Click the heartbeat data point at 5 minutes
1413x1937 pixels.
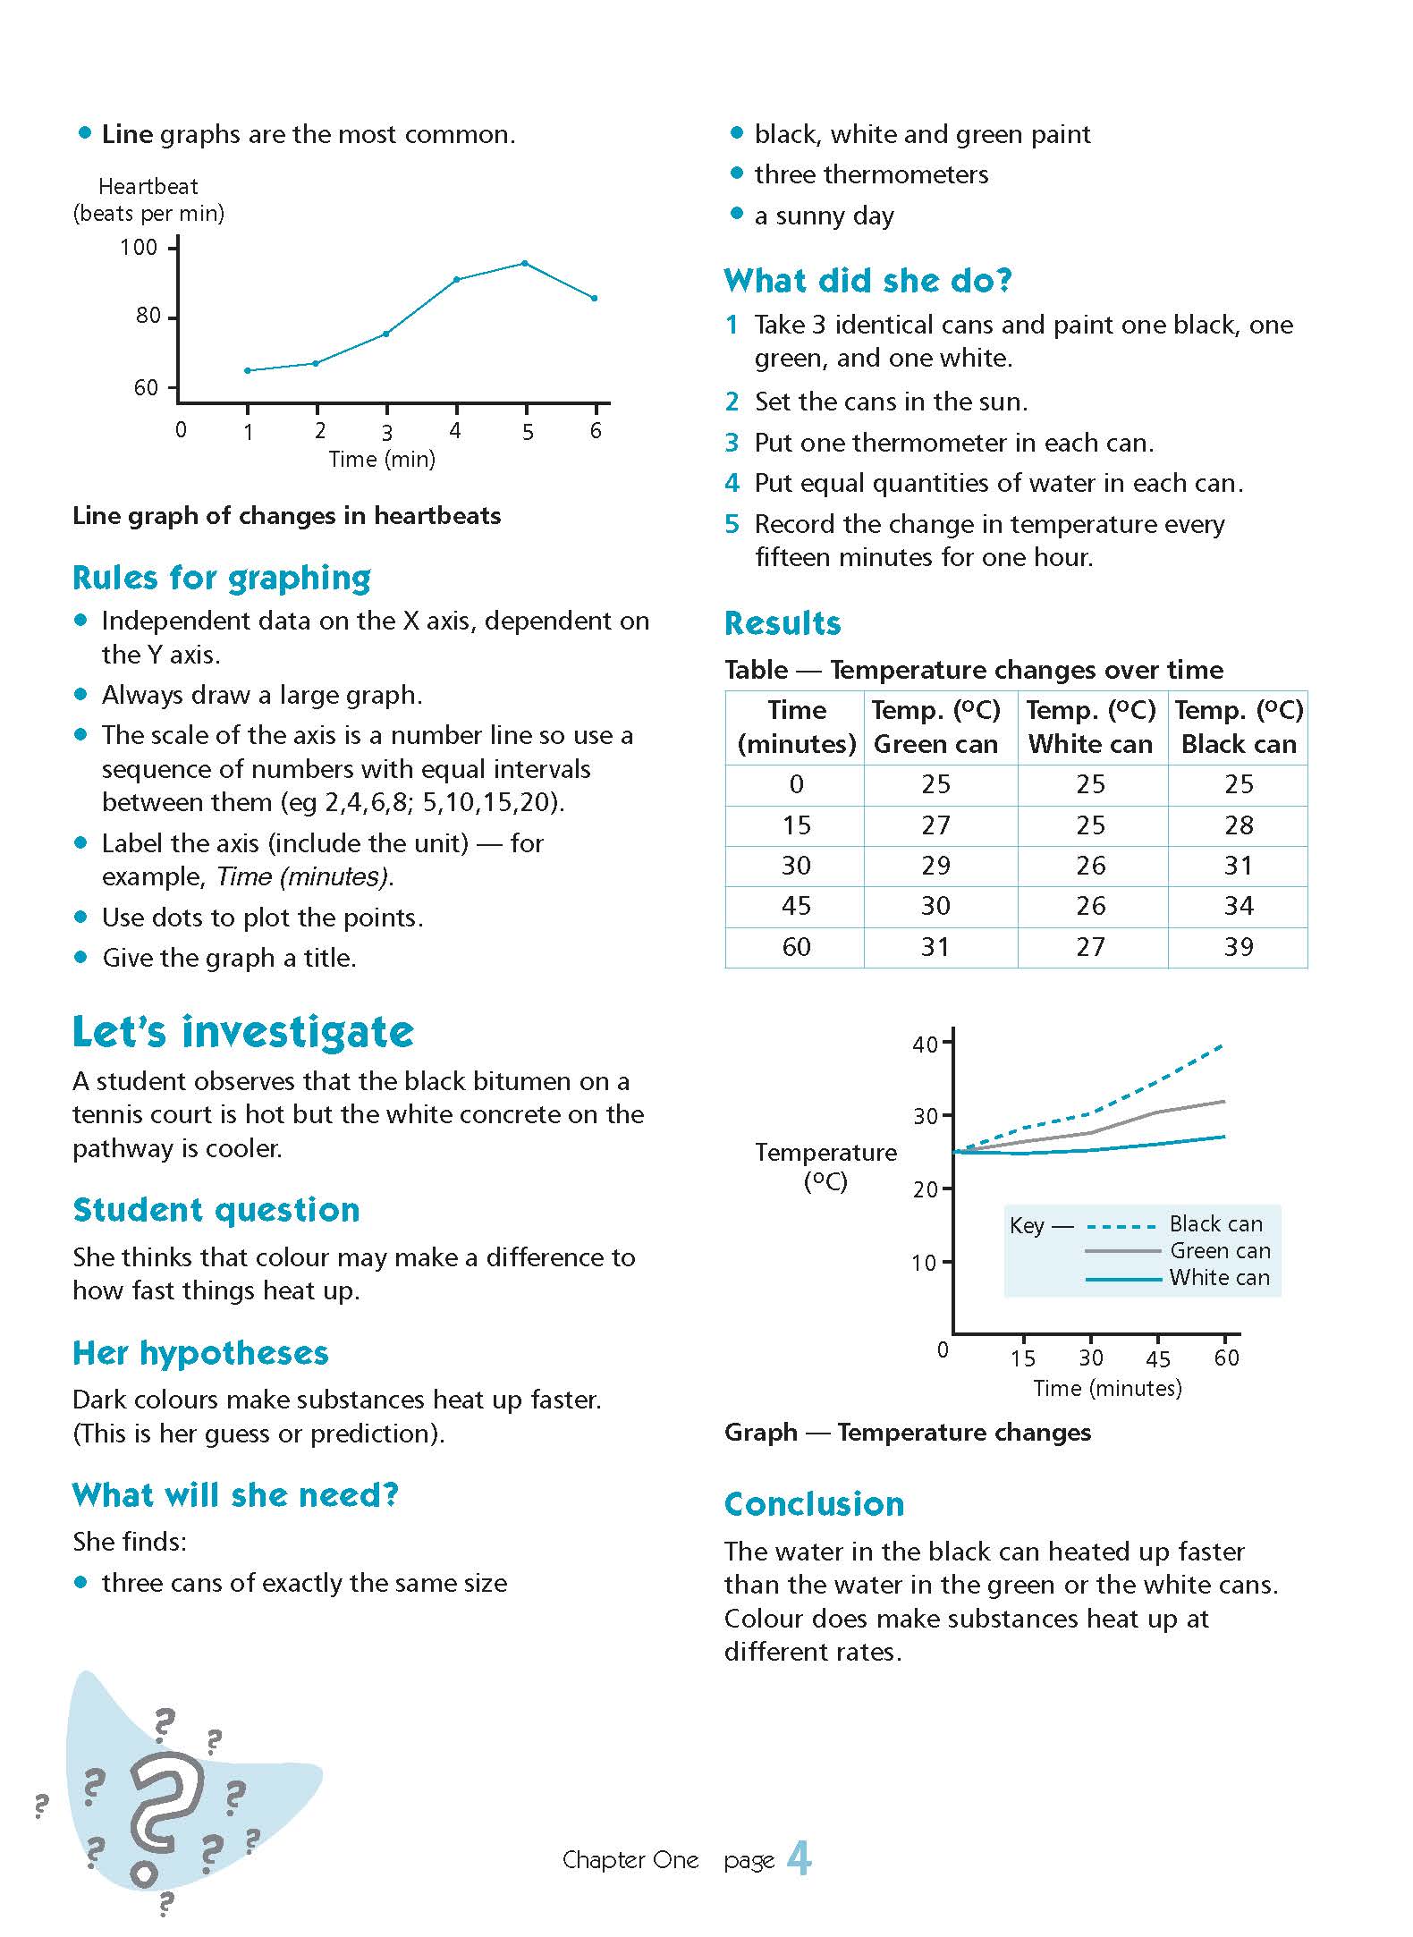(x=525, y=263)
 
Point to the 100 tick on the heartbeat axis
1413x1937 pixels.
(x=140, y=247)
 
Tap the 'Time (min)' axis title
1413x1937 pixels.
(x=382, y=460)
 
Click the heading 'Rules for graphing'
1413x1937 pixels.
(x=222, y=579)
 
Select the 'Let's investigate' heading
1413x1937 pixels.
(x=243, y=1031)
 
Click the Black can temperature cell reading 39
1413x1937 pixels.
(x=1239, y=946)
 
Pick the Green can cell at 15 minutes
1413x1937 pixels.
(x=935, y=825)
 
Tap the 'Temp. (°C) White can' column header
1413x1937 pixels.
(x=1091, y=727)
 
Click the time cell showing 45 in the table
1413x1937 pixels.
(x=796, y=906)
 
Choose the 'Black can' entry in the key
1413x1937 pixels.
(x=1215, y=1223)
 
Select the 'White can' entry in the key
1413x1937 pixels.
(x=1219, y=1277)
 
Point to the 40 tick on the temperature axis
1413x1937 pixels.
(x=926, y=1044)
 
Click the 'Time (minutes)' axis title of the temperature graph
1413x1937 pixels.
(x=1107, y=1388)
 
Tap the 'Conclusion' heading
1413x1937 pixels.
(x=814, y=1504)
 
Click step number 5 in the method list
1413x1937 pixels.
(x=732, y=524)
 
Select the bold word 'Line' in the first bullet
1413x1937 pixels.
(x=128, y=134)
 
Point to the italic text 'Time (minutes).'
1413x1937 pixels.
(x=305, y=876)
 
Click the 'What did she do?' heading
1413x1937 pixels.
(x=867, y=281)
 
